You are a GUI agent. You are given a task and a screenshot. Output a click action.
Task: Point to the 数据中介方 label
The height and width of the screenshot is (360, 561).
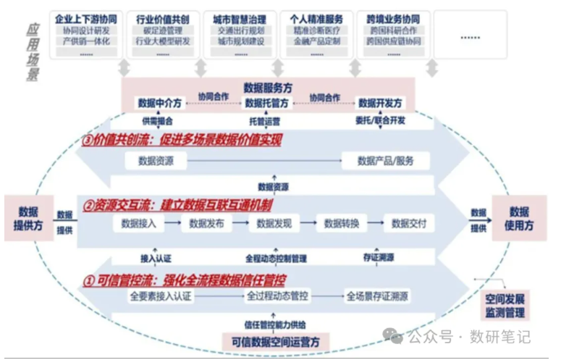[158, 102]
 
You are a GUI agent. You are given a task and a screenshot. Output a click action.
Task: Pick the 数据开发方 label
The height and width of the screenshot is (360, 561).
[380, 102]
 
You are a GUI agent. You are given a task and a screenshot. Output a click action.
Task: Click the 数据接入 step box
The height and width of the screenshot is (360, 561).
[138, 224]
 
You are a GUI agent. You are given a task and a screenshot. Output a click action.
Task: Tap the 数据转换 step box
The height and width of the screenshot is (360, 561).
[342, 224]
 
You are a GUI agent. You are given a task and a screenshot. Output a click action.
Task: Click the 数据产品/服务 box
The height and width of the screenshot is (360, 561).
[384, 161]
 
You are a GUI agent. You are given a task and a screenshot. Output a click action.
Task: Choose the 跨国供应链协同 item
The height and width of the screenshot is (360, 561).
[393, 41]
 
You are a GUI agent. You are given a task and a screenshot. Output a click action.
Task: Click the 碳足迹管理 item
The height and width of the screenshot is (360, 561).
[162, 30]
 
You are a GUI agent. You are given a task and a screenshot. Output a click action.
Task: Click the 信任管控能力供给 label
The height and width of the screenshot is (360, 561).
[275, 323]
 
